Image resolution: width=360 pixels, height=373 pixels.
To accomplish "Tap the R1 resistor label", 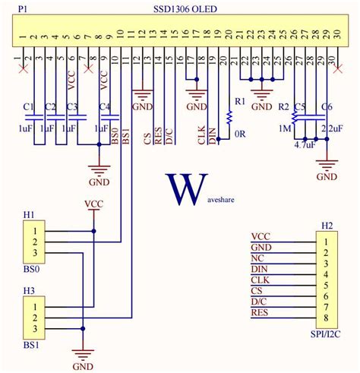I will tap(240, 101).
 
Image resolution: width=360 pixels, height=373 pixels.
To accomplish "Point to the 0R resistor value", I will tap(239, 134).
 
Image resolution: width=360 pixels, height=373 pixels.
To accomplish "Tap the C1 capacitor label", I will tap(29, 106).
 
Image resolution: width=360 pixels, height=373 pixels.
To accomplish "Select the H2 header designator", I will tap(327, 226).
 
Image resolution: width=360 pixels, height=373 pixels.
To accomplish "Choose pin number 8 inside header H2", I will tap(327, 318).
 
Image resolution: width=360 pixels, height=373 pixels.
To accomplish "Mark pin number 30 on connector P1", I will tap(332, 36).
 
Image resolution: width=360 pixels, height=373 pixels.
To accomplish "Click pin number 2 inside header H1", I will tap(35, 242).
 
